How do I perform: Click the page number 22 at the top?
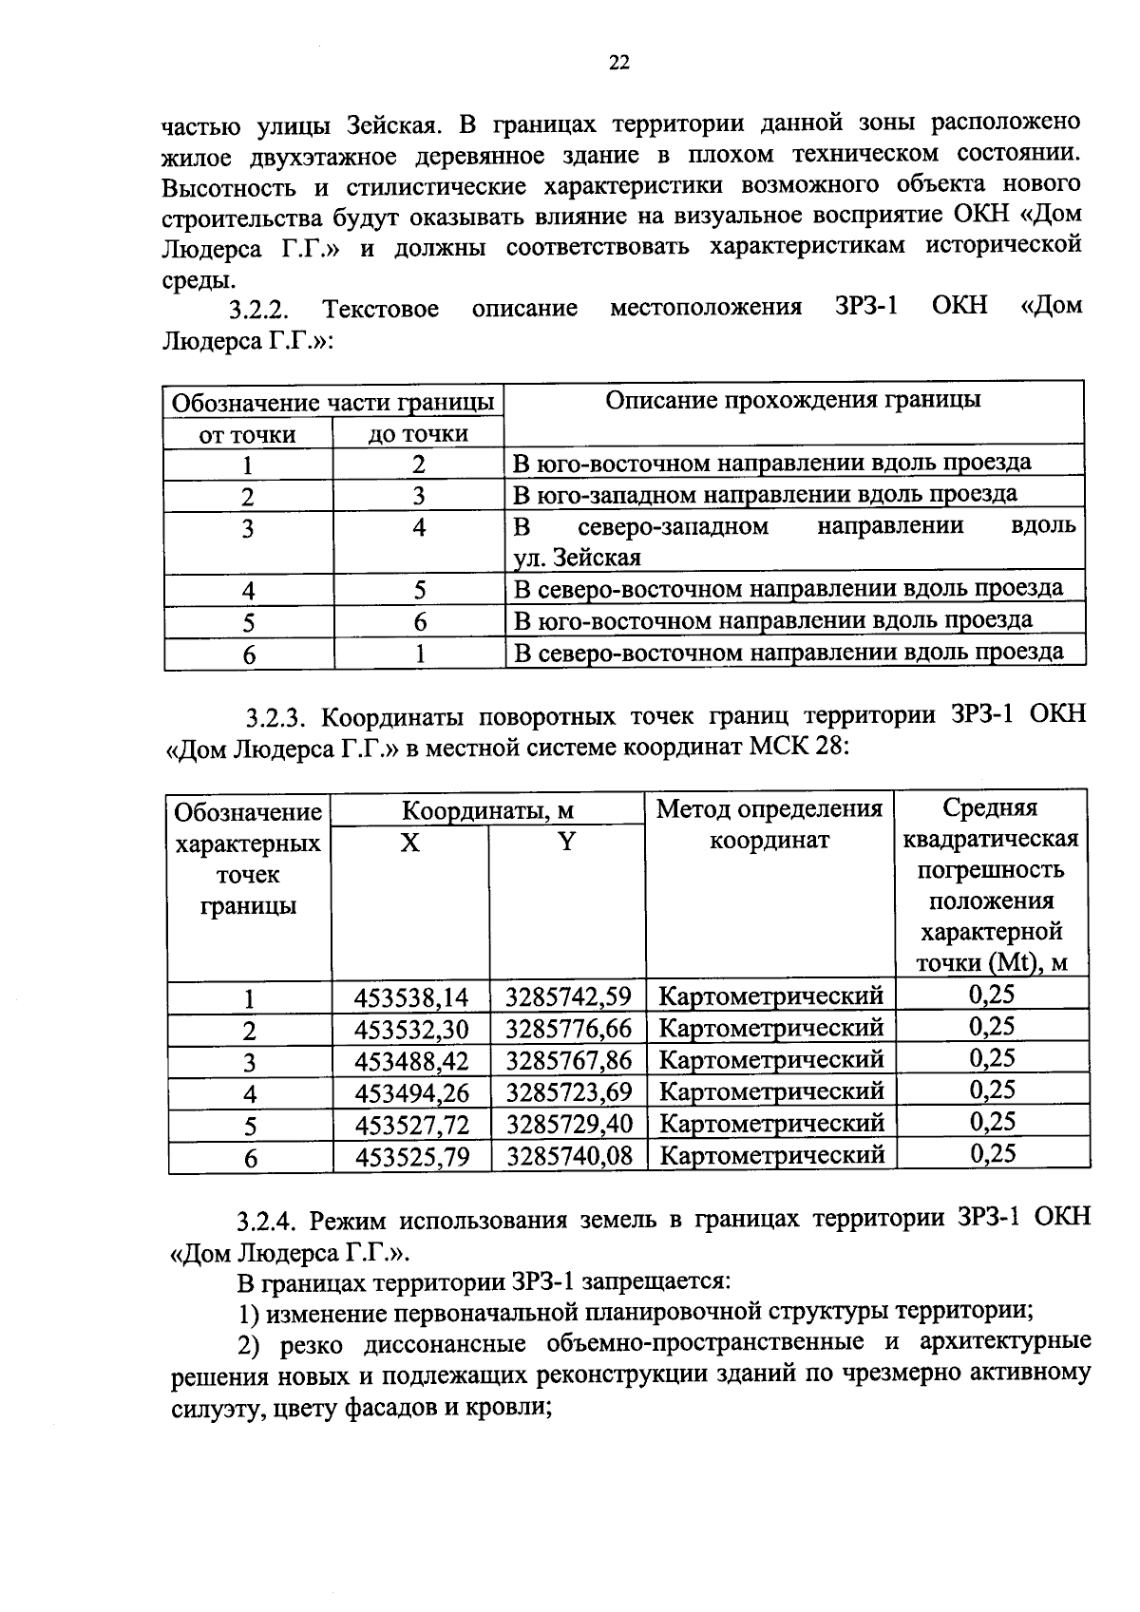point(618,64)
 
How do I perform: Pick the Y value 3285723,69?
point(568,1092)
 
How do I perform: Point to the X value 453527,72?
point(411,1125)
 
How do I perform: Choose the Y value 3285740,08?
point(568,1156)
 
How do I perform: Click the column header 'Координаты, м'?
point(487,810)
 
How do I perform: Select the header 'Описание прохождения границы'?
point(793,400)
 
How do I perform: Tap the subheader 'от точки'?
point(247,435)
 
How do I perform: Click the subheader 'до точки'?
point(418,435)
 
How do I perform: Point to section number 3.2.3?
point(275,716)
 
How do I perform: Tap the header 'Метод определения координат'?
point(769,825)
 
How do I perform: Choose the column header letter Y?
point(566,842)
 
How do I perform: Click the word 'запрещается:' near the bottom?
point(655,1281)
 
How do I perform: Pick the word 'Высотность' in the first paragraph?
point(221,184)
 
